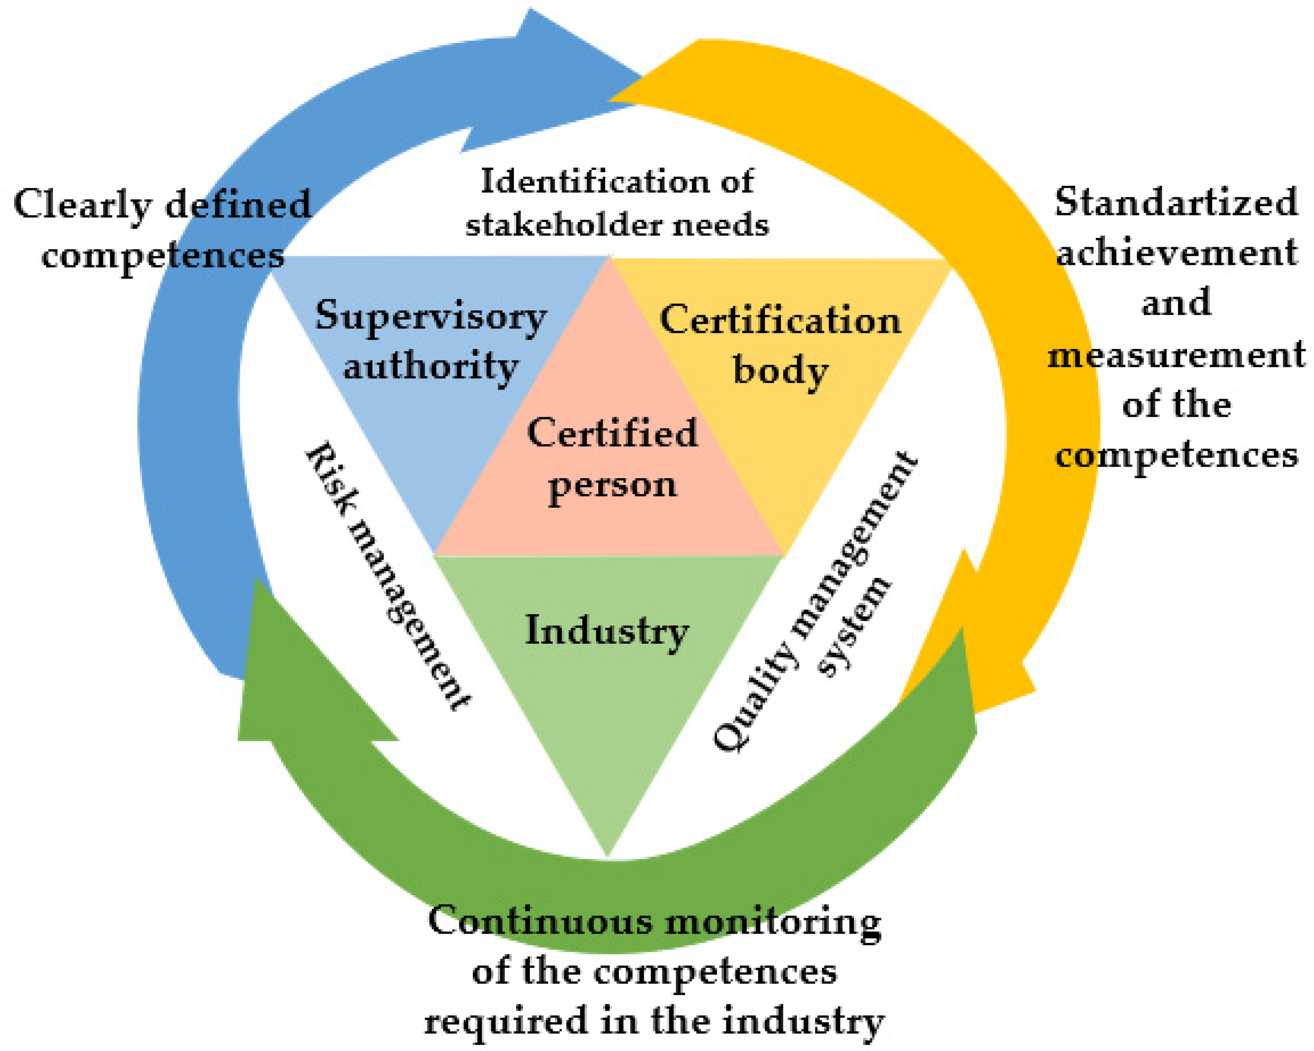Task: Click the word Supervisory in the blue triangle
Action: click(x=430, y=317)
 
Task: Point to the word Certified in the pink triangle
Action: click(x=612, y=433)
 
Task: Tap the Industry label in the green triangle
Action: click(x=606, y=630)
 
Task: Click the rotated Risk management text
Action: click(x=388, y=576)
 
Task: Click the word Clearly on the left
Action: click(x=82, y=205)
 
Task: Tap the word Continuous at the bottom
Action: click(x=539, y=921)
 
